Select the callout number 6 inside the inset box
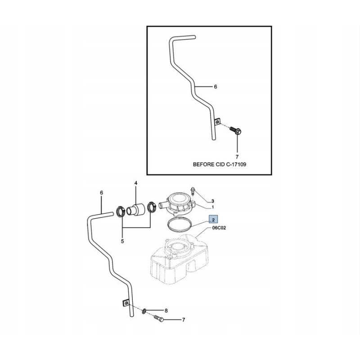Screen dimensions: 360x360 pos(215,86)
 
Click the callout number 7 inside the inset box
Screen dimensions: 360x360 pos(237,157)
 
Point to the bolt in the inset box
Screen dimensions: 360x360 pos(236,131)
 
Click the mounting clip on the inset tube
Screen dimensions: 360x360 pos(217,122)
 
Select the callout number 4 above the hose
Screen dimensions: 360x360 pos(135,183)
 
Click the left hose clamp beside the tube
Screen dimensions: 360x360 pos(121,210)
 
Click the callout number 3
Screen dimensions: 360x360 pos(213,201)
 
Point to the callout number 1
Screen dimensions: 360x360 pos(213,207)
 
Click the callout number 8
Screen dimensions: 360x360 pos(166,310)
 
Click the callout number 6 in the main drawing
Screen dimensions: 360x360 pos(101,193)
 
